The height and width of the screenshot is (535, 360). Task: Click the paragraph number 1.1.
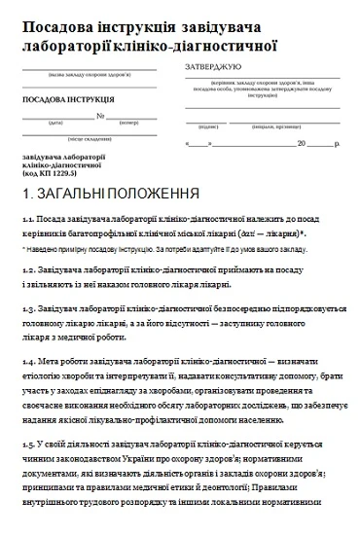point(27,221)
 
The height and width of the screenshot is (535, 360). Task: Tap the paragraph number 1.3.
point(27,309)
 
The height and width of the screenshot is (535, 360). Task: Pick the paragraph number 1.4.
point(27,360)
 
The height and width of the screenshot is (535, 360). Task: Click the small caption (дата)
point(56,124)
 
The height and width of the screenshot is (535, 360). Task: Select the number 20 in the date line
point(301,143)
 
